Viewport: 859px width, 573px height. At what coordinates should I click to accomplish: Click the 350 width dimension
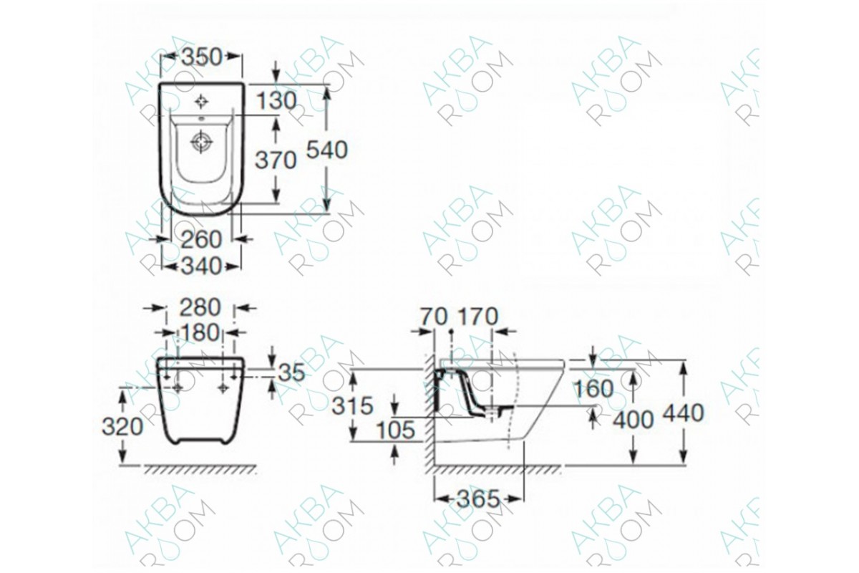click(201, 57)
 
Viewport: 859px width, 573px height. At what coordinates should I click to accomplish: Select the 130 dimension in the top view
click(276, 101)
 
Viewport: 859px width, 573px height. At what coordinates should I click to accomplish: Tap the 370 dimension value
click(276, 160)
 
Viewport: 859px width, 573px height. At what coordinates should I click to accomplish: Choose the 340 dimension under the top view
click(201, 266)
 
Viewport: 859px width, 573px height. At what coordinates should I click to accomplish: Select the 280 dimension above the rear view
click(199, 307)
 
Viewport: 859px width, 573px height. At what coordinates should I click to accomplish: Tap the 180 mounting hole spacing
click(200, 334)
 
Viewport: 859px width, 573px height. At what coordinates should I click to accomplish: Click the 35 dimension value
click(291, 372)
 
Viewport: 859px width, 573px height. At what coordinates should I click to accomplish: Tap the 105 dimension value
click(395, 430)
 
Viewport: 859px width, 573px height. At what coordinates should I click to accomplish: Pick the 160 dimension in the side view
click(593, 389)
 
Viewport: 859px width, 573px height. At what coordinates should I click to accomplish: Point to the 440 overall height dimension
click(683, 413)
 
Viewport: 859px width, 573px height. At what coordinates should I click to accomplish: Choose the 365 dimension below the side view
click(478, 499)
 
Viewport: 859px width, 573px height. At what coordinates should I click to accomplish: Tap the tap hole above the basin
click(202, 100)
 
